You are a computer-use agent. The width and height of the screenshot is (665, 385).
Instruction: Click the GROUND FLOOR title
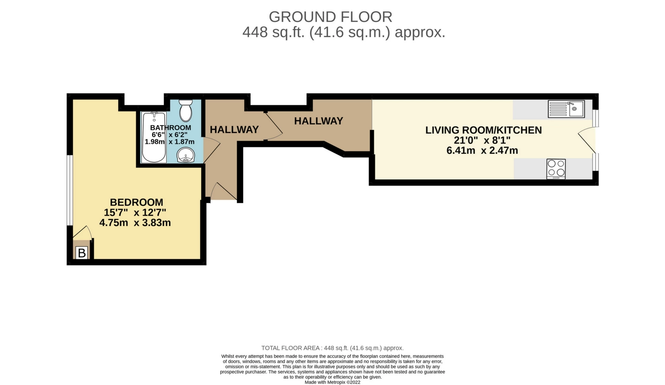pos(330,17)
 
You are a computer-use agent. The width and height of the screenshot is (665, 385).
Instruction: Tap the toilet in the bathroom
pos(186,109)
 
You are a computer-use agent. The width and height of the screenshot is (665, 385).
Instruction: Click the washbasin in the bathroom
pos(186,155)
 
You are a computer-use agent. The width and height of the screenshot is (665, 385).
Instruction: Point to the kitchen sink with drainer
pos(566,109)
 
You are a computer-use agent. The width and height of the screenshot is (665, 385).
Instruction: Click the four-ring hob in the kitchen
pos(556,168)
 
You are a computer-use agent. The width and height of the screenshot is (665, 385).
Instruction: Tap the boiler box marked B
pos(82,253)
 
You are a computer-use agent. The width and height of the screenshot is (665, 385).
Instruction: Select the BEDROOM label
pos(136,202)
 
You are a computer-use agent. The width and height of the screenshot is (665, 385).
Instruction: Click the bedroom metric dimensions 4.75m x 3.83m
pos(135,222)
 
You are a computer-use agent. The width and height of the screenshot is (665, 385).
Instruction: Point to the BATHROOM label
pos(170,128)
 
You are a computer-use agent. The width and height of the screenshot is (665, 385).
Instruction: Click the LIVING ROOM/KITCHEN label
pos(483,130)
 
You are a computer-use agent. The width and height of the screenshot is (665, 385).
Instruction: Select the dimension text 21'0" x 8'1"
pos(482,140)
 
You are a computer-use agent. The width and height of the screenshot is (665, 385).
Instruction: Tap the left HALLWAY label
pos(234,130)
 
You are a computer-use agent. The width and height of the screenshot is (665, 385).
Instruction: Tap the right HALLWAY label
pos(318,121)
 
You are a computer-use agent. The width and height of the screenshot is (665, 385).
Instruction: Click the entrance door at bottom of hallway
pos(222,192)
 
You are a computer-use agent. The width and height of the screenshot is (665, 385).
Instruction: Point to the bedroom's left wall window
pos(70,190)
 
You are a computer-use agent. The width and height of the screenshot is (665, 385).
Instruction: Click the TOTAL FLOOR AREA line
pos(332,348)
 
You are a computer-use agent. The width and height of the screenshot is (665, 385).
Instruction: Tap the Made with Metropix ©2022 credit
pos(332,382)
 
